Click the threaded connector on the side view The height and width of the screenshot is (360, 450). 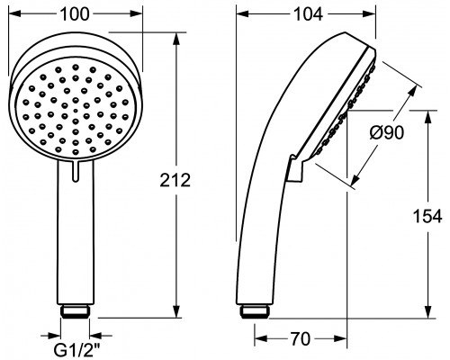tap(254, 311)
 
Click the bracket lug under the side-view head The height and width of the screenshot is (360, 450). tap(296, 168)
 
